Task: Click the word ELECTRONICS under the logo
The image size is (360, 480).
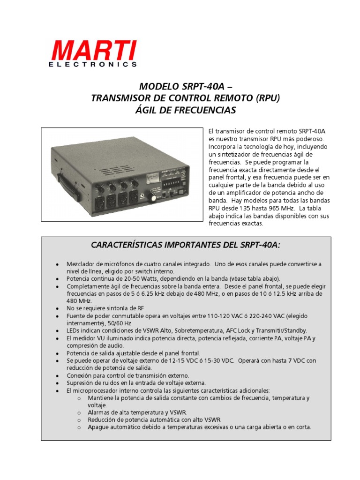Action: coord(93,65)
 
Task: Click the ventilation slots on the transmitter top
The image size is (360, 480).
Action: coord(114,171)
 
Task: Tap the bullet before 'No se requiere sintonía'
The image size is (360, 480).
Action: coord(57,308)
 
